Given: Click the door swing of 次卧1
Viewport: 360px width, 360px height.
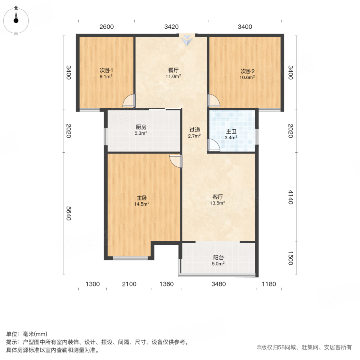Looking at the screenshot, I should pyautogui.click(x=129, y=100).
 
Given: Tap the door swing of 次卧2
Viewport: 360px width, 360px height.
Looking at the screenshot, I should pyautogui.click(x=213, y=100).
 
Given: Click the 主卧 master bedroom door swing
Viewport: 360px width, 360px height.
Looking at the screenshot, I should pyautogui.click(x=176, y=160).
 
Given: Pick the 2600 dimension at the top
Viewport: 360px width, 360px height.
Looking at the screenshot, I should pyautogui.click(x=106, y=27).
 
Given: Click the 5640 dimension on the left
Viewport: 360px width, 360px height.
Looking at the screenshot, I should pyautogui.click(x=68, y=214).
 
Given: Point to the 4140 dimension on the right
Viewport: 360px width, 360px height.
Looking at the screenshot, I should pyautogui.click(x=290, y=197).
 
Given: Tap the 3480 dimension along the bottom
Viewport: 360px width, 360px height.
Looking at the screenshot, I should pyautogui.click(x=219, y=284).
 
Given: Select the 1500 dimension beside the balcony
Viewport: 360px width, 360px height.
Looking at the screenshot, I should pyautogui.click(x=290, y=258).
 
